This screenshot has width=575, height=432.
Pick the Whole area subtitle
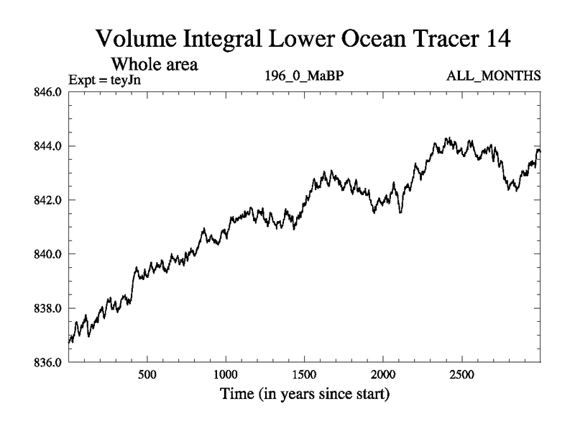coord(153,65)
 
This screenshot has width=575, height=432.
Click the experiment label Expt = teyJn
coord(104,79)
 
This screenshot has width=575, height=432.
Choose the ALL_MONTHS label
coord(502,76)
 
